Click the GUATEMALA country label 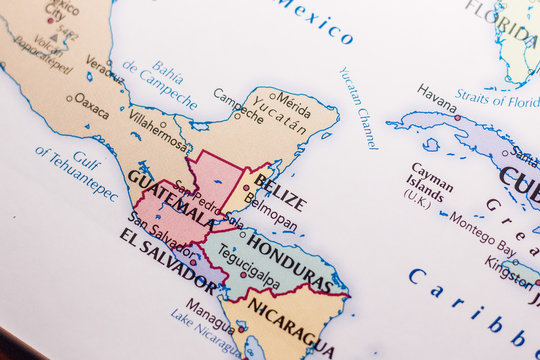(169, 197)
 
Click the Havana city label (437, 97)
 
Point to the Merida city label (293, 102)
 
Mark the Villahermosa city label (157, 134)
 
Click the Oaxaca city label (91, 104)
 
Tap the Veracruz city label (104, 67)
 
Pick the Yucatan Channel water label (358, 108)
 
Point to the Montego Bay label (482, 233)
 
